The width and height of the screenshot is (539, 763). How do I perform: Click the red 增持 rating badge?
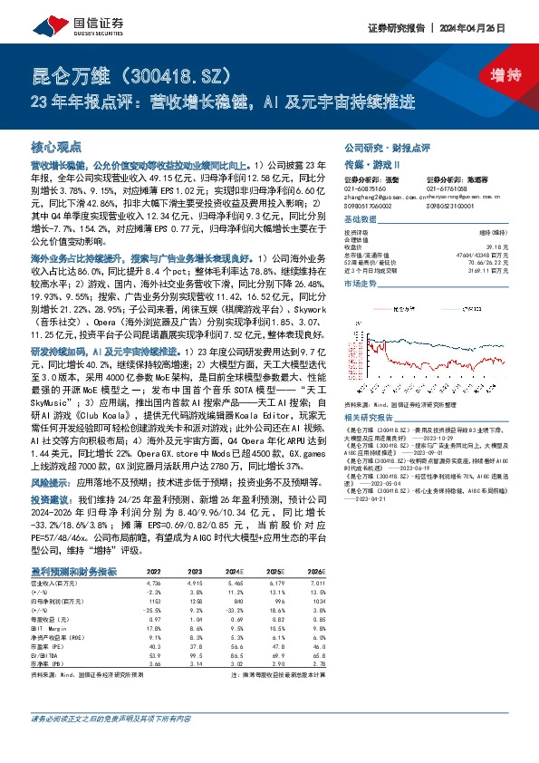493,74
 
